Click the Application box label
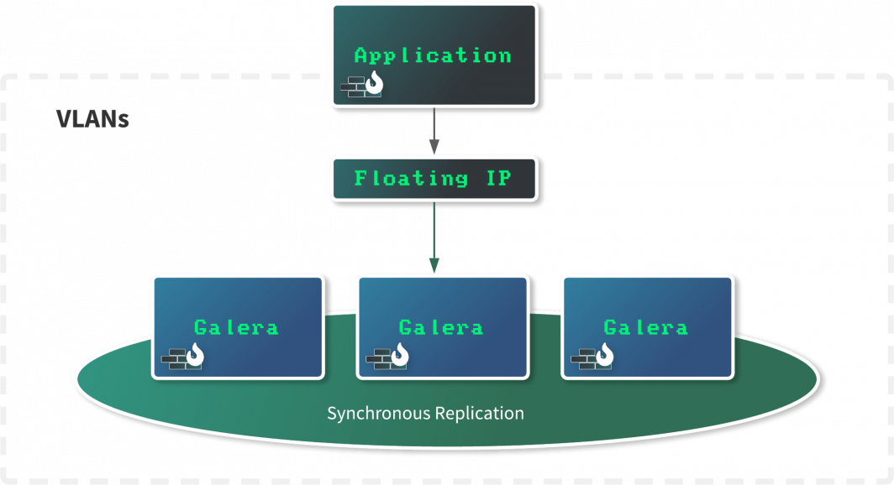pyautogui.click(x=433, y=56)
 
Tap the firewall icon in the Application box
pyautogui.click(x=362, y=85)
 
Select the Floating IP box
pyautogui.click(x=434, y=179)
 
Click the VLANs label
pyautogui.click(x=92, y=119)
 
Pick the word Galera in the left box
pyautogui.click(x=236, y=327)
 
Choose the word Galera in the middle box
pyautogui.click(x=441, y=327)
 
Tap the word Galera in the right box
pyautogui.click(x=645, y=327)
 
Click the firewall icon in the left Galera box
pyautogui.click(x=183, y=357)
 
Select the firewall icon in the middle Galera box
pyautogui.click(x=387, y=357)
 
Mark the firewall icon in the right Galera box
pyautogui.click(x=592, y=357)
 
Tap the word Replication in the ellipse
pyautogui.click(x=478, y=414)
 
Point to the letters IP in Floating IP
pyautogui.click(x=499, y=179)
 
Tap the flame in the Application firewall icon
pyautogui.click(x=374, y=83)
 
